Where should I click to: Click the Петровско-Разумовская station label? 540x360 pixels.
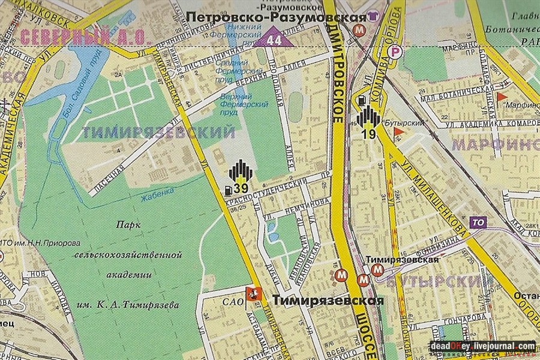pyautogui.click(x=277, y=17)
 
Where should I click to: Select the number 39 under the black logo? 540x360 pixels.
pyautogui.click(x=241, y=190)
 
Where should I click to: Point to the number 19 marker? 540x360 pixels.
pyautogui.click(x=369, y=134)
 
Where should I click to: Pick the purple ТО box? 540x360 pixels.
pyautogui.click(x=478, y=222)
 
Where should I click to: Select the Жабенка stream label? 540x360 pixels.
pyautogui.click(x=157, y=195)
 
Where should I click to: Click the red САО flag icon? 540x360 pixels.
pyautogui.click(x=253, y=294)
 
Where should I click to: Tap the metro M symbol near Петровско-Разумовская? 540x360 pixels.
pyautogui.click(x=359, y=30)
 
